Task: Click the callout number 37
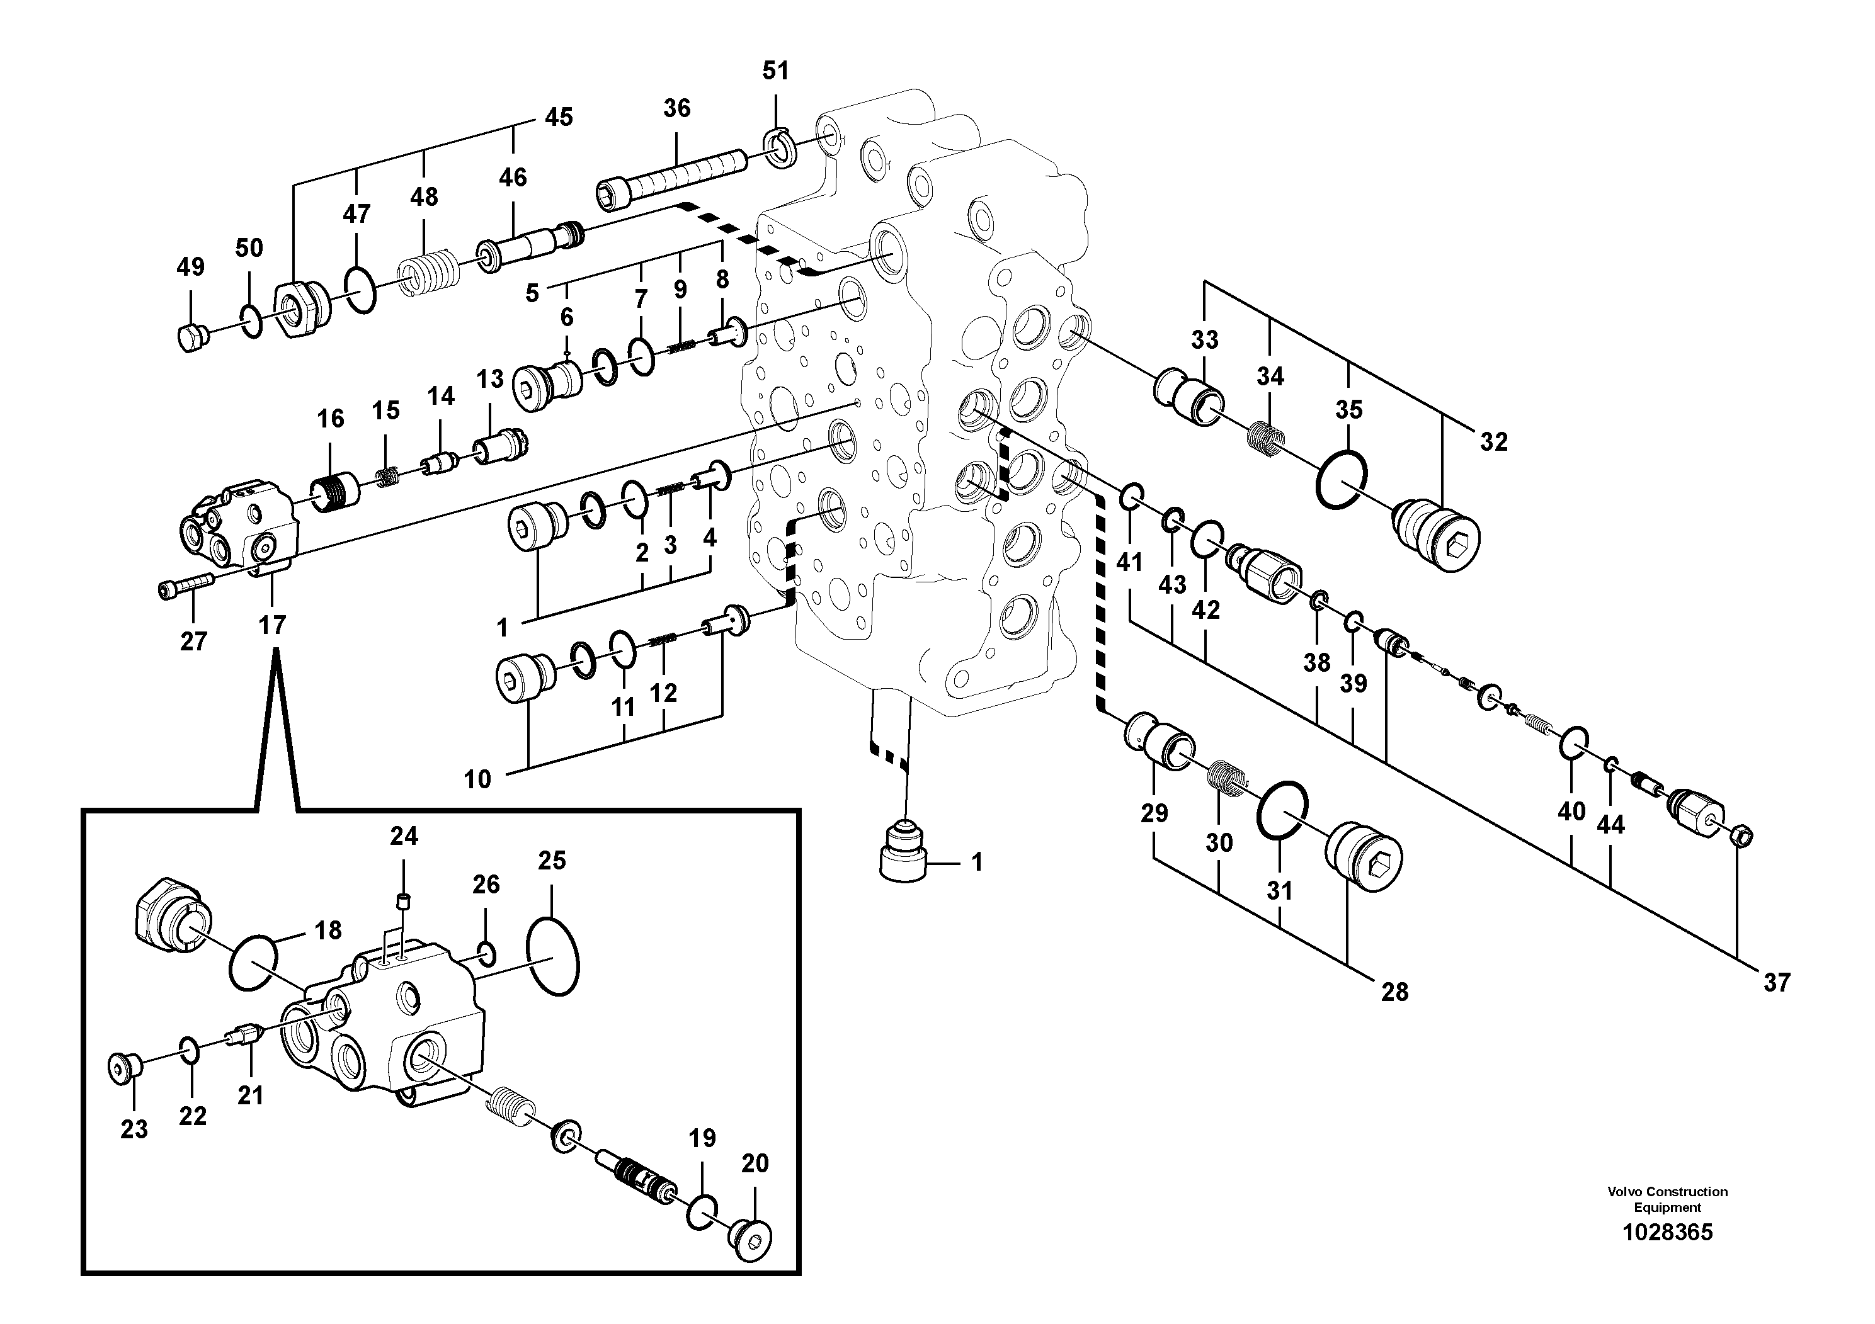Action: coord(1776,982)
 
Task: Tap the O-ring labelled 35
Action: coord(1342,480)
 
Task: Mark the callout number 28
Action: coord(1395,991)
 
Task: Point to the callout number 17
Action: coord(272,625)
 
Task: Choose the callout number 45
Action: coord(559,118)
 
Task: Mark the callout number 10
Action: coord(478,779)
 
